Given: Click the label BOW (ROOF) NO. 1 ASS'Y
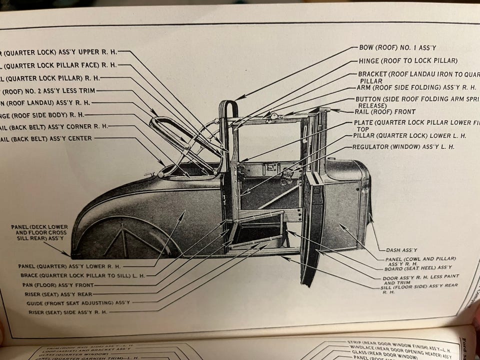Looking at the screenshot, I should [397, 48].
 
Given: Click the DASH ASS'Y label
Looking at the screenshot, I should [401, 249].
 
